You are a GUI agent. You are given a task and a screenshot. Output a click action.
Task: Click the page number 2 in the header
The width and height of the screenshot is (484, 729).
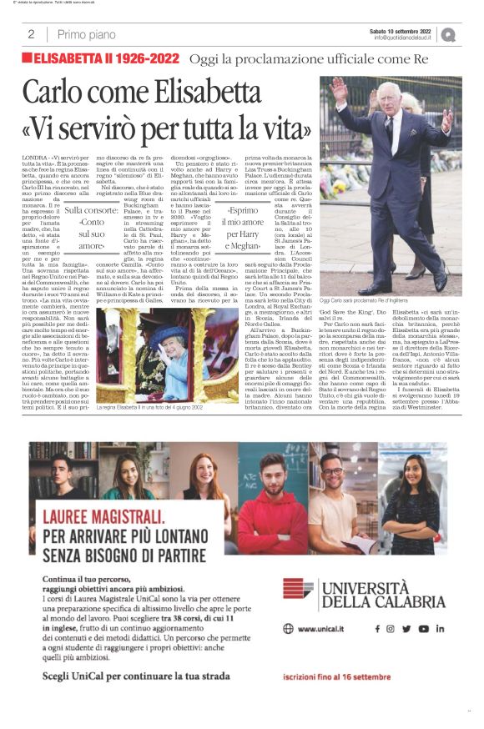(x=30, y=34)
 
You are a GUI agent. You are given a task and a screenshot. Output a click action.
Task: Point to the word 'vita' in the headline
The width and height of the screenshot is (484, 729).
(x=282, y=128)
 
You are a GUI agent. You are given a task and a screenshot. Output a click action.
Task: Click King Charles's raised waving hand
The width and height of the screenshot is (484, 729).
(x=339, y=88)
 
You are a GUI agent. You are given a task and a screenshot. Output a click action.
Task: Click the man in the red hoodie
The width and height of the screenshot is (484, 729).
(x=271, y=502)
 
